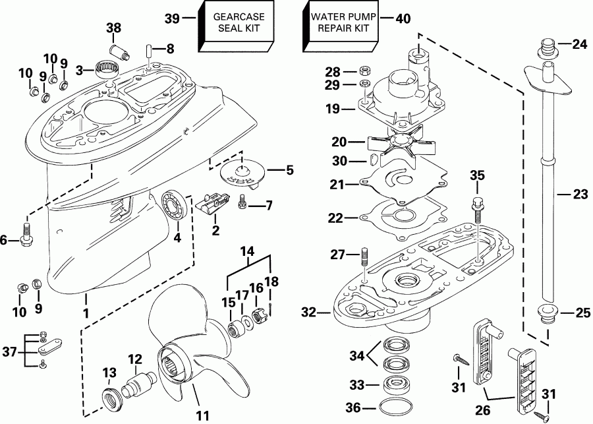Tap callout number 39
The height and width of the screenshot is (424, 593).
172,19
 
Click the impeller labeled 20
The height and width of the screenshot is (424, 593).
395,142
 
